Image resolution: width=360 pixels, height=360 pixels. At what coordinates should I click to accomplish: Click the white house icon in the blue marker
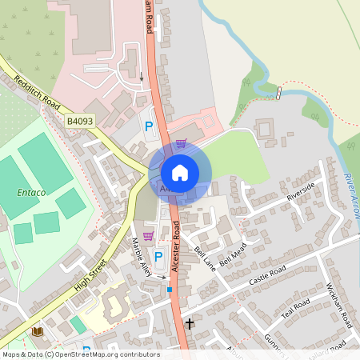[180, 173]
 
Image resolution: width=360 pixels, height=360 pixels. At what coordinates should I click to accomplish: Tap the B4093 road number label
[78, 121]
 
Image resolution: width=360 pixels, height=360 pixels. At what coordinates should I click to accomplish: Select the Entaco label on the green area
[31, 193]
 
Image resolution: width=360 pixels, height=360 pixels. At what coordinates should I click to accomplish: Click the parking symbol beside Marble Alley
[158, 256]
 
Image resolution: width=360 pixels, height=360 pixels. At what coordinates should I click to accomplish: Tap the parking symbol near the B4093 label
[148, 125]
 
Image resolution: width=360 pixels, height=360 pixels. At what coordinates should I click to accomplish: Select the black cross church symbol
[190, 324]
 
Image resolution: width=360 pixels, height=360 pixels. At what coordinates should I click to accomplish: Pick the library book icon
[36, 331]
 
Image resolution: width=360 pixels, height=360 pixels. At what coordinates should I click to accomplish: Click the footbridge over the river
[279, 93]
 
